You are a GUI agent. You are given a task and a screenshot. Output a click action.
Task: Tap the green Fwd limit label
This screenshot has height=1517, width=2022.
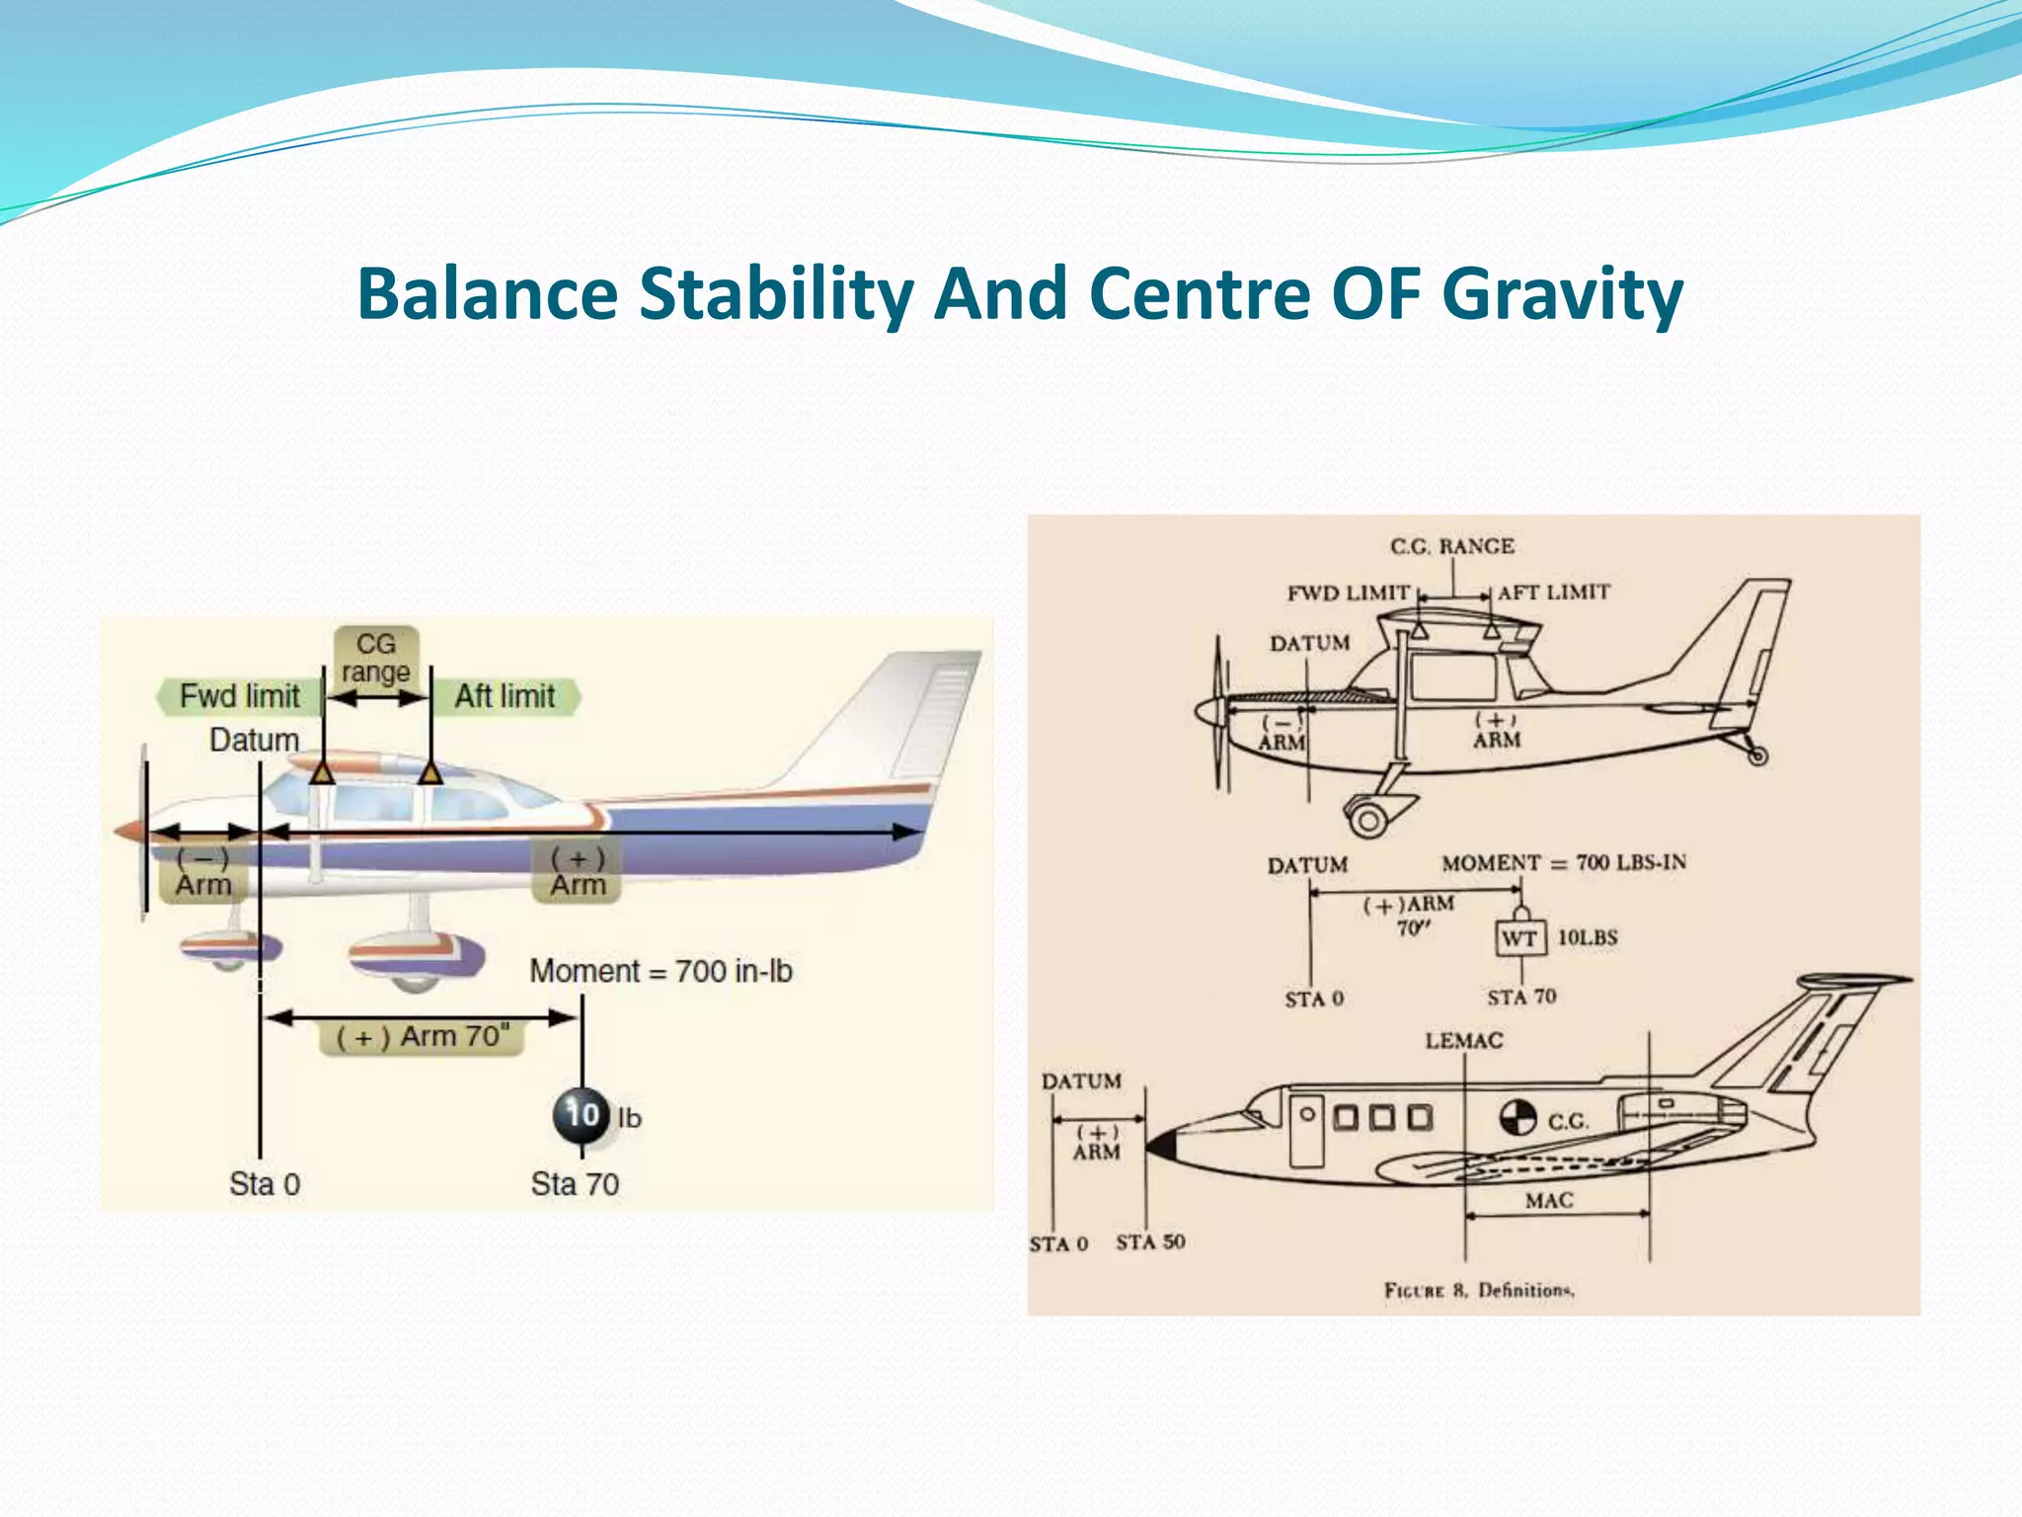coord(239,696)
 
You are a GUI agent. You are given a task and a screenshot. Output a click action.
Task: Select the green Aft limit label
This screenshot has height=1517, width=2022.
coord(505,696)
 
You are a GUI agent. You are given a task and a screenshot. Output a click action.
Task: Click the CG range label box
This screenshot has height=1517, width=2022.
coord(376,658)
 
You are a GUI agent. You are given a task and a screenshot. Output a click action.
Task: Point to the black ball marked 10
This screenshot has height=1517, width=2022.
coord(582,1115)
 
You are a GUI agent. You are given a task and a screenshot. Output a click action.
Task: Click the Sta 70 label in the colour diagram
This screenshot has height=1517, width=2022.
coord(575,1183)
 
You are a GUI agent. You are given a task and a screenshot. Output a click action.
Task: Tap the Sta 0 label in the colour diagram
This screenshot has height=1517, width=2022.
coord(265,1183)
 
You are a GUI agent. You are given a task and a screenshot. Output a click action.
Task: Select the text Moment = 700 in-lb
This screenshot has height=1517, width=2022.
coord(661,971)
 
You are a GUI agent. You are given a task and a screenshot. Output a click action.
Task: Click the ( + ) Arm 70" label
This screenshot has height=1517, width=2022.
coord(423,1037)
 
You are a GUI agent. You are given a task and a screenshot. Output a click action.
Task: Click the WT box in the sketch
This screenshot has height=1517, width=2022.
coord(1519,938)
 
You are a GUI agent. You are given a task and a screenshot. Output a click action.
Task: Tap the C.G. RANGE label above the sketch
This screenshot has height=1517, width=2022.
coord(1451,546)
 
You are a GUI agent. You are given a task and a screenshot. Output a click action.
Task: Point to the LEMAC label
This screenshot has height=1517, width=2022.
coord(1463,1040)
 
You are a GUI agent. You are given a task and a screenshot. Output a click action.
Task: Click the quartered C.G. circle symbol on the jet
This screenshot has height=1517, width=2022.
coord(1518,1118)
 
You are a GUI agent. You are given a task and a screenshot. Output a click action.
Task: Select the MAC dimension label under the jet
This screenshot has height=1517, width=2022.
coord(1549,1200)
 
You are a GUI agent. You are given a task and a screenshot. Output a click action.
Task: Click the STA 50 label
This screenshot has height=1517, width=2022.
coord(1150,1241)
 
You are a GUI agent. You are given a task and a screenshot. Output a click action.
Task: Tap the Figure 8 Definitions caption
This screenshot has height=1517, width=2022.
coord(1478,1290)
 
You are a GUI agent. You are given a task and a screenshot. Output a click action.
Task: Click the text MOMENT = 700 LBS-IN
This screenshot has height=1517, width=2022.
coord(1564,862)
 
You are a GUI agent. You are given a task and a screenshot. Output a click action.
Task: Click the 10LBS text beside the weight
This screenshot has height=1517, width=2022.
coord(1588,937)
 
